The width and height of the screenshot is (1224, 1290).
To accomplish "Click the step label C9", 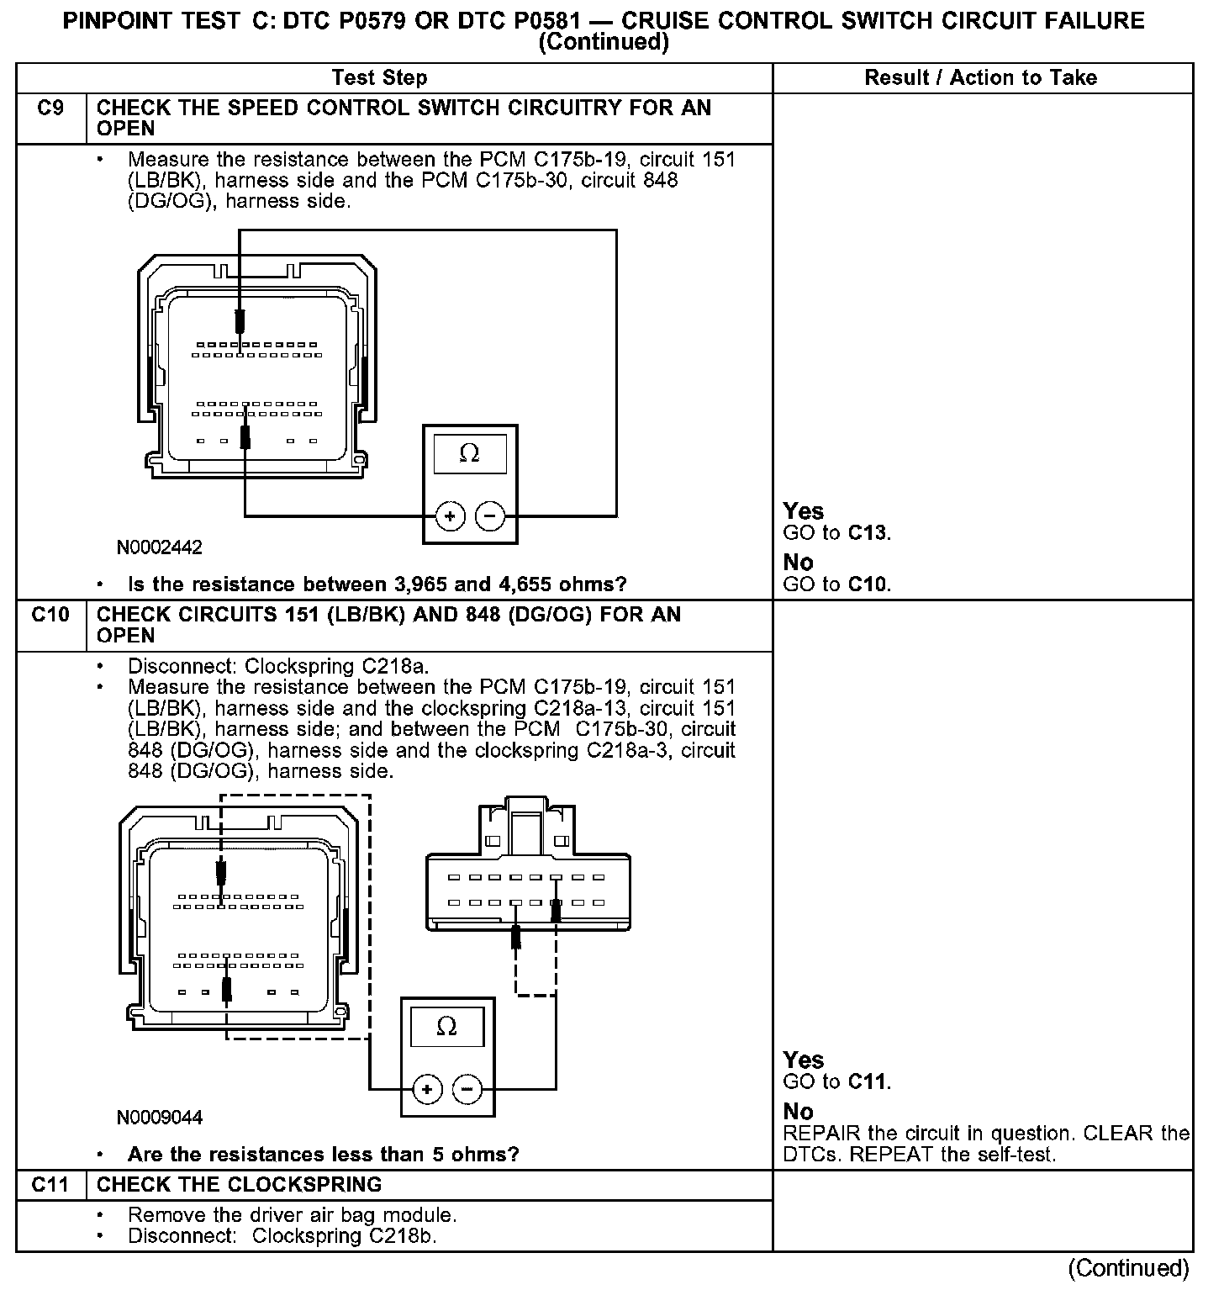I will [50, 108].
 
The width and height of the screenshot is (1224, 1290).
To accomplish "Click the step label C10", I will [50, 615].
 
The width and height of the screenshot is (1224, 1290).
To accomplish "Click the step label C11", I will [50, 1185].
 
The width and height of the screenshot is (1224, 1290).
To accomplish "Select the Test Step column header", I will [379, 78].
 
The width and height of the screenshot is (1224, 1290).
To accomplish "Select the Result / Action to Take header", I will [980, 78].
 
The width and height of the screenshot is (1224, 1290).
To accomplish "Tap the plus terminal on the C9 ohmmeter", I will [450, 515].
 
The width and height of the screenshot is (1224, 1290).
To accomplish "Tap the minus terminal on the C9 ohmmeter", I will [491, 515].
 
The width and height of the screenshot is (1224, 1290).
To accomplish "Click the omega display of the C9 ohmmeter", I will [470, 454].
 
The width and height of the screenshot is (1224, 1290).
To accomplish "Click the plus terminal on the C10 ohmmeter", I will [427, 1090].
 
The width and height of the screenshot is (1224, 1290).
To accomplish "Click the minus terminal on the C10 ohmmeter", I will [467, 1090].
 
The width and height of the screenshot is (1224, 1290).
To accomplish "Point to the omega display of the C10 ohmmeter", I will [447, 1028].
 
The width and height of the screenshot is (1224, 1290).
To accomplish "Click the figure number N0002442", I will [160, 547].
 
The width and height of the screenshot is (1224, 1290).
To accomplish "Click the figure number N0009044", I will [160, 1118].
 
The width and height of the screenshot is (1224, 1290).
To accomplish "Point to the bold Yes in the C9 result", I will [803, 511].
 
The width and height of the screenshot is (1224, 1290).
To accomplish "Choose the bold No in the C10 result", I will [798, 1112].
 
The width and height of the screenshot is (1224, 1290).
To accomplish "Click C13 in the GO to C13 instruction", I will [868, 533].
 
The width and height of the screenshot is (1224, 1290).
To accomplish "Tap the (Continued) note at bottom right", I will [1128, 1267].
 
